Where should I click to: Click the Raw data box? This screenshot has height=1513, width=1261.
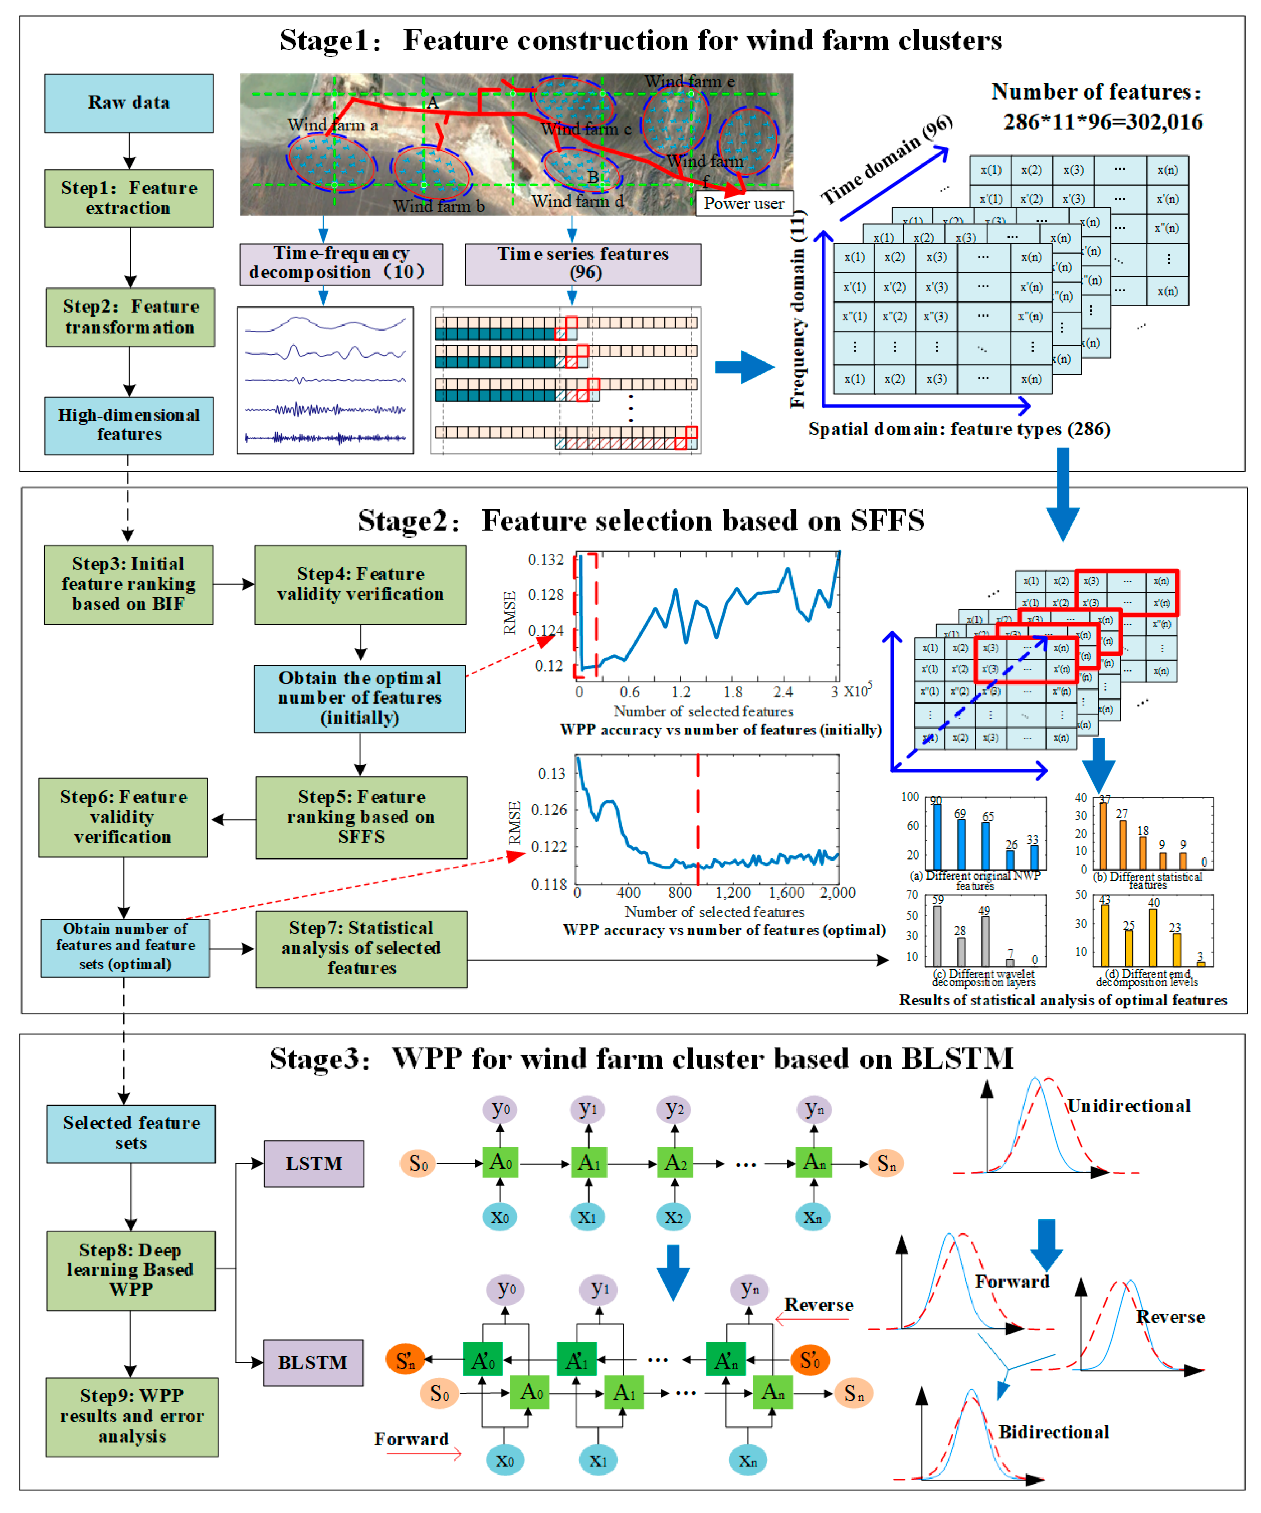[x=128, y=103]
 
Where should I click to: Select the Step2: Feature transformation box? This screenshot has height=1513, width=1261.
[x=130, y=317]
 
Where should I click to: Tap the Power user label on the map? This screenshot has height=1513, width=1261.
[x=744, y=203]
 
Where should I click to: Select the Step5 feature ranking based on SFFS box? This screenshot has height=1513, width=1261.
[x=361, y=817]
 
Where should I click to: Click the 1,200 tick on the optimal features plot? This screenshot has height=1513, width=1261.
[x=733, y=892]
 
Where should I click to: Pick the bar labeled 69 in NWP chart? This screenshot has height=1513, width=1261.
[x=961, y=844]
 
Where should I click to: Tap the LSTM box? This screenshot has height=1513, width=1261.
[x=313, y=1163]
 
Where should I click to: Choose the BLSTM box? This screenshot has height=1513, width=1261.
[x=313, y=1362]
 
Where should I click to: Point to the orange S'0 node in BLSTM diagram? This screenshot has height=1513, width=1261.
[x=810, y=1360]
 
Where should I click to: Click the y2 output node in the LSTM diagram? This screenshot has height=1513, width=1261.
[x=674, y=1109]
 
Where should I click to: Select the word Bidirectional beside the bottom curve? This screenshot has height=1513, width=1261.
[x=1053, y=1432]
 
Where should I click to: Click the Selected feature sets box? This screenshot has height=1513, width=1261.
[x=131, y=1133]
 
